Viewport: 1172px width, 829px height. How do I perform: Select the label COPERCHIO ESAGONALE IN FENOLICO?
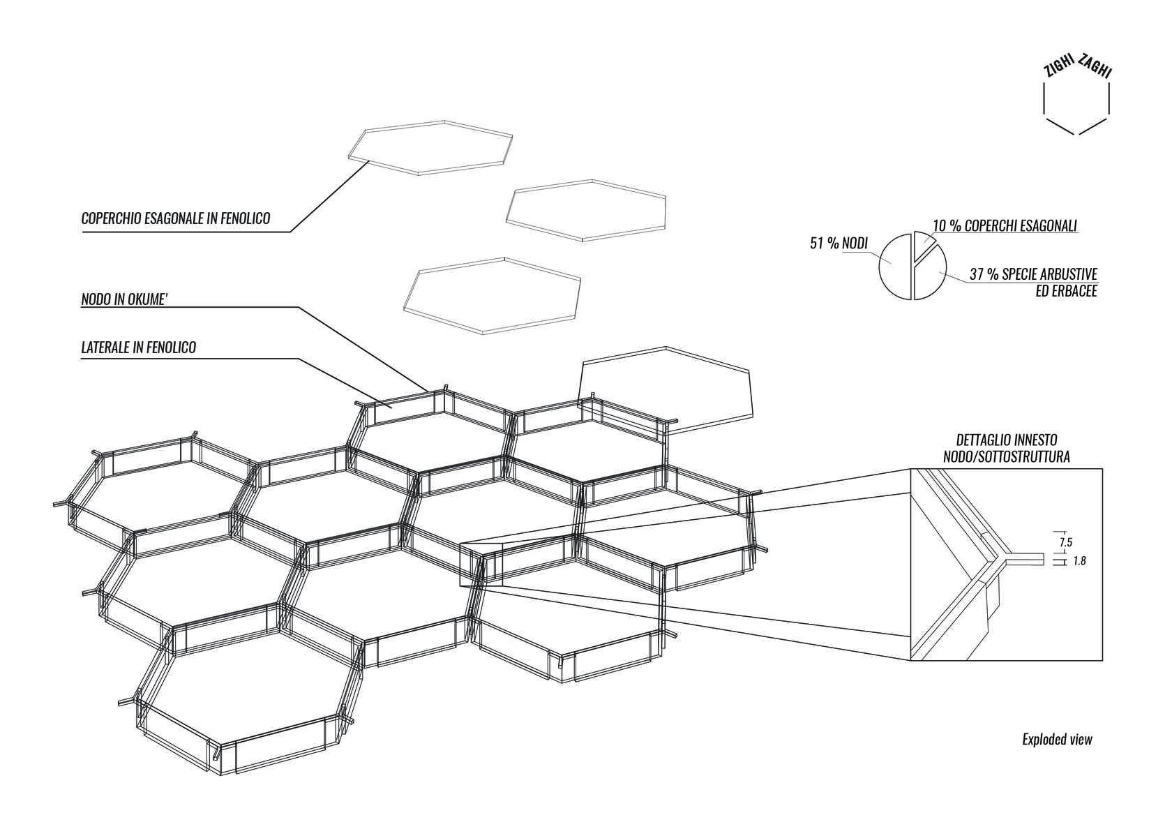[x=176, y=218]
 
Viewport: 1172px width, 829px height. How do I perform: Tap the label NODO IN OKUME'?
[x=124, y=299]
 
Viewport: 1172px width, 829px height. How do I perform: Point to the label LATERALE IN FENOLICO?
[x=139, y=347]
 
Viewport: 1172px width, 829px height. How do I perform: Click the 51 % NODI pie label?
[x=839, y=244]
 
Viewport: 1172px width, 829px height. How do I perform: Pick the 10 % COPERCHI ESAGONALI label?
[x=1005, y=225]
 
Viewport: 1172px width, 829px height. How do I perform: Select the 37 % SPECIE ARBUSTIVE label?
[x=1033, y=274]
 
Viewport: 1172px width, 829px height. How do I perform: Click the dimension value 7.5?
[x=1066, y=543]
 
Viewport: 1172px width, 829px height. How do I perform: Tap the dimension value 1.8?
[x=1079, y=561]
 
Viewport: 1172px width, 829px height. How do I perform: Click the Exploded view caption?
[x=1058, y=739]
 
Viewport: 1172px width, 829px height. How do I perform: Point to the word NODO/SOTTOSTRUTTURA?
[x=1007, y=457]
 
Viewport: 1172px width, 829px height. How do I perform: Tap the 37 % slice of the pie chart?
[x=931, y=278]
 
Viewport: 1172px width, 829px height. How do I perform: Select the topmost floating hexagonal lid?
[x=430, y=148]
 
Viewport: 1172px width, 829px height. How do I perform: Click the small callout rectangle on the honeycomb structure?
[x=481, y=564]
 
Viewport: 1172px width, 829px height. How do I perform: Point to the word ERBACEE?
[x=1066, y=292]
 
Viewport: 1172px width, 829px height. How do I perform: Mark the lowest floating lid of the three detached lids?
[x=492, y=295]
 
